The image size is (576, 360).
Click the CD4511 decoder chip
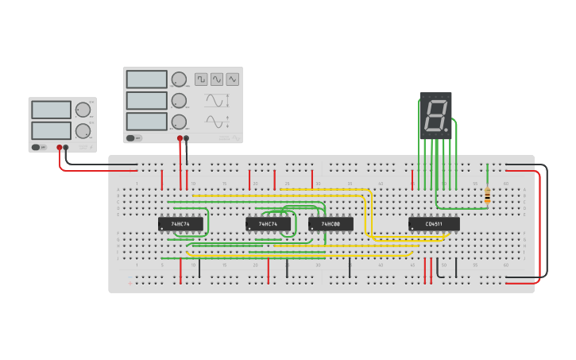click(x=434, y=224)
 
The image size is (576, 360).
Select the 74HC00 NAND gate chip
click(x=331, y=224)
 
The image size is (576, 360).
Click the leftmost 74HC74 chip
click(x=180, y=224)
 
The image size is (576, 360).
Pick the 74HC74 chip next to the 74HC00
click(x=268, y=224)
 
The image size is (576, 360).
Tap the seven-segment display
click(x=435, y=116)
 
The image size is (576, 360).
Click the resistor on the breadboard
click(x=487, y=194)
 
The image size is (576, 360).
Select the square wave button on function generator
click(x=201, y=79)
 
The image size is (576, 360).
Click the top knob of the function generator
click(x=179, y=79)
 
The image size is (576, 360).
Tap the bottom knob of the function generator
click(x=179, y=122)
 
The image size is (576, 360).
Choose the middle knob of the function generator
click(x=179, y=101)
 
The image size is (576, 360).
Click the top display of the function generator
click(x=146, y=79)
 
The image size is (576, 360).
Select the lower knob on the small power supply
click(x=83, y=130)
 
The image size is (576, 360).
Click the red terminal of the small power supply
click(x=60, y=147)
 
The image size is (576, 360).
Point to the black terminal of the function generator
click(x=187, y=138)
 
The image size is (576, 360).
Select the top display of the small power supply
click(x=52, y=110)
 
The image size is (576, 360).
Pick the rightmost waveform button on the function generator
click(x=232, y=79)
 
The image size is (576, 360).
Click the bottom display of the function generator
click(x=146, y=122)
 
